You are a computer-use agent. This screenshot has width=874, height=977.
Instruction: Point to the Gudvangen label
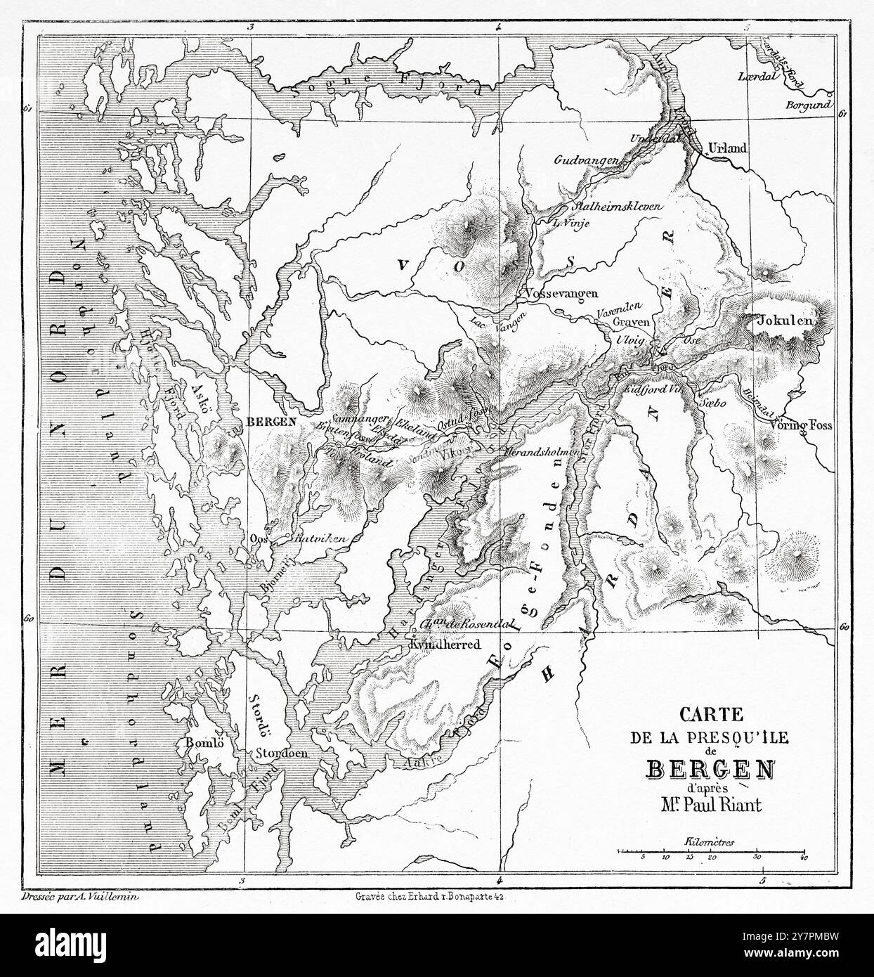pyautogui.click(x=587, y=161)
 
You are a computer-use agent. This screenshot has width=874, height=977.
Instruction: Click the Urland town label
pyautogui.click(x=728, y=148)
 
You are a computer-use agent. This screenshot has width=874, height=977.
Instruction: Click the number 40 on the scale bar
pyautogui.click(x=804, y=859)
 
